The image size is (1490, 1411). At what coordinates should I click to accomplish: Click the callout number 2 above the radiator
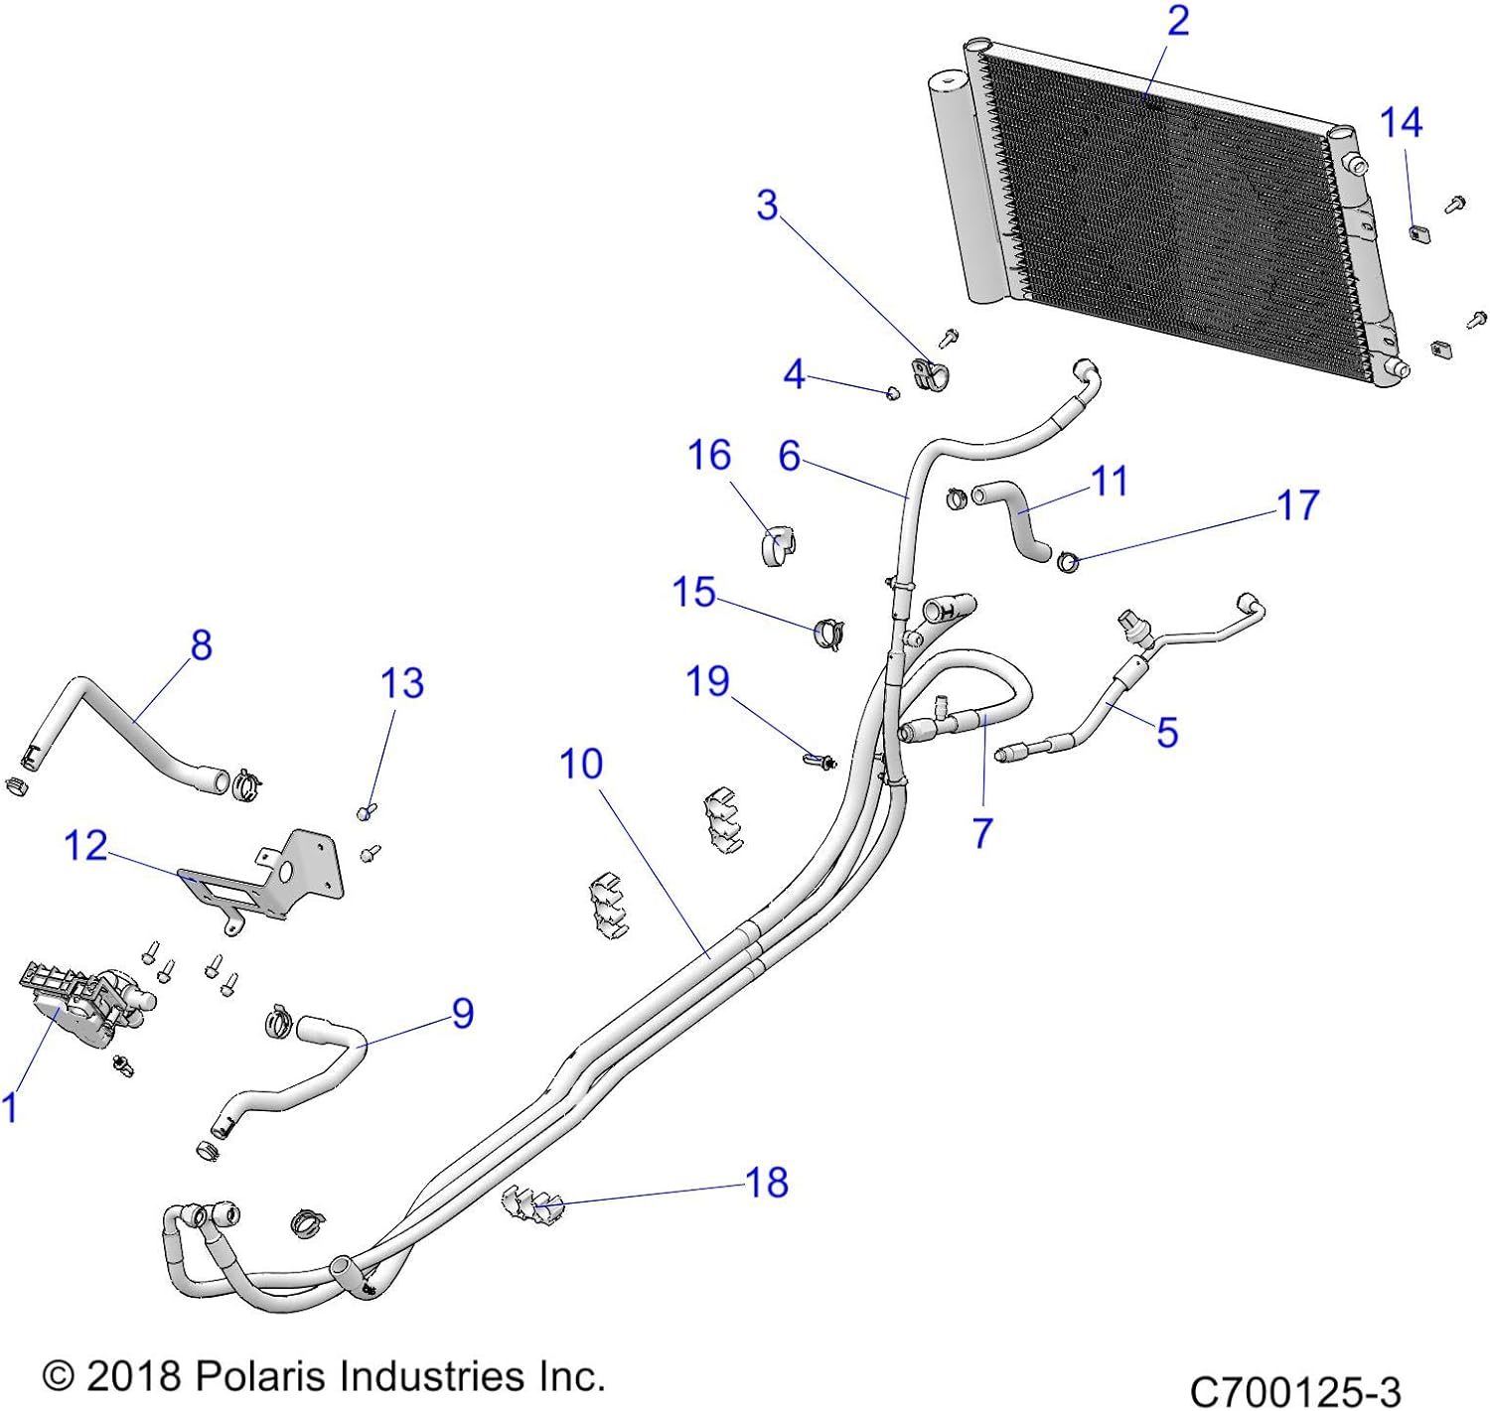pos(1178,21)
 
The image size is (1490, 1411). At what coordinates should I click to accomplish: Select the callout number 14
pos(1401,123)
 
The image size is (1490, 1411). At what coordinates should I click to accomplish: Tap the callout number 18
pos(767,1183)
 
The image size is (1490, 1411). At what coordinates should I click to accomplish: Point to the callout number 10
pos(581,765)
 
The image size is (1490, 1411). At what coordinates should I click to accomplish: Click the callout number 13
pos(402,683)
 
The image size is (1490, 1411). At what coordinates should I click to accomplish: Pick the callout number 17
pos(1297,505)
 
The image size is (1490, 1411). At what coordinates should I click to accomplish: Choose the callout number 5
pos(1167,733)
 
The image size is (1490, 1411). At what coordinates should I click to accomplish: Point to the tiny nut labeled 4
pos(892,393)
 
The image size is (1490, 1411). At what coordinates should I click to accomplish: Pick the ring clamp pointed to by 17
pos(1068,563)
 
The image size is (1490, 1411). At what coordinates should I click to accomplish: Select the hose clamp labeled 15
pos(827,633)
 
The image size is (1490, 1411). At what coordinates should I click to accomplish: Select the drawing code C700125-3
pos(1294,1390)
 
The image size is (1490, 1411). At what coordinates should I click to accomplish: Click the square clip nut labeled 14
pos(1418,234)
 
